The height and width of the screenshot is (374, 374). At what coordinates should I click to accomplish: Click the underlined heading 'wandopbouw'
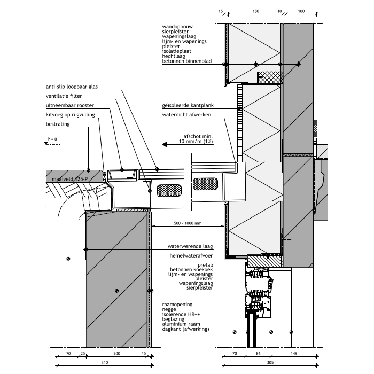pyautogui.click(x=177, y=27)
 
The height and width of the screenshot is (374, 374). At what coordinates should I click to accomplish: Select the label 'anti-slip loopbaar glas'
pyautogui.click(x=72, y=87)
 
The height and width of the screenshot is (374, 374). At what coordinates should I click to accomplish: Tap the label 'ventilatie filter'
pyautogui.click(x=64, y=96)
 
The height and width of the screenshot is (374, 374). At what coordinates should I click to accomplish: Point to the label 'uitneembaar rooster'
pyautogui.click(x=70, y=105)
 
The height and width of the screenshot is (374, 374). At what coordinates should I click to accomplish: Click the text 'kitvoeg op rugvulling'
pyautogui.click(x=71, y=115)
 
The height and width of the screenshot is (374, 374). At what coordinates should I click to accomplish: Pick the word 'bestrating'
pyautogui.click(x=58, y=124)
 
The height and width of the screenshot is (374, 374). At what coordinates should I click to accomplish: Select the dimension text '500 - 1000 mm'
pyautogui.click(x=188, y=223)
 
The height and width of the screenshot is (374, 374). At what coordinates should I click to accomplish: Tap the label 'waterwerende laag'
pyautogui.click(x=190, y=246)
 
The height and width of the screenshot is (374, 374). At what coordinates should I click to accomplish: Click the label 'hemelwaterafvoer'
pyautogui.click(x=191, y=256)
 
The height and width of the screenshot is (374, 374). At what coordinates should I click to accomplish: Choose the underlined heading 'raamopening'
pyautogui.click(x=177, y=305)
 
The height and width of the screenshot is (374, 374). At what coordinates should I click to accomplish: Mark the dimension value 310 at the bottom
pyautogui.click(x=105, y=363)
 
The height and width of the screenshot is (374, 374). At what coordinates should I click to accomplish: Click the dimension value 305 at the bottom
pyautogui.click(x=270, y=363)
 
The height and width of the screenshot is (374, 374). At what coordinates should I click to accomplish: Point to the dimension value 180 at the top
pyautogui.click(x=256, y=11)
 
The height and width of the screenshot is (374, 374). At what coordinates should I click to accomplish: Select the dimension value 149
pyautogui.click(x=294, y=354)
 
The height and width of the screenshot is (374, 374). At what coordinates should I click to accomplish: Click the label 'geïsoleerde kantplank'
pyautogui.click(x=188, y=105)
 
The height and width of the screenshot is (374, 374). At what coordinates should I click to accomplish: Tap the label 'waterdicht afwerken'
pyautogui.click(x=186, y=115)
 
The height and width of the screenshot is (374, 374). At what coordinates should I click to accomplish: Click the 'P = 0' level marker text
pyautogui.click(x=52, y=139)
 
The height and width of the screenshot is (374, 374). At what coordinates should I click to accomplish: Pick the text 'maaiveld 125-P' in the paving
pyautogui.click(x=69, y=179)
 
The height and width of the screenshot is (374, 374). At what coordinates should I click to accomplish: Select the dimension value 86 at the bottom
pyautogui.click(x=258, y=354)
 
